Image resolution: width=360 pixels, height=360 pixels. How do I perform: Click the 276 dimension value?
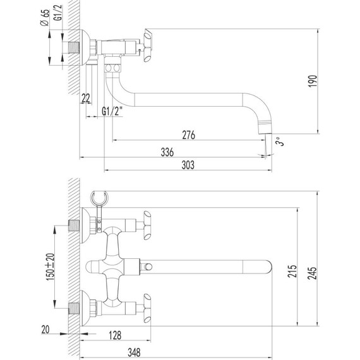pyautogui.click(x=188, y=135)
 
